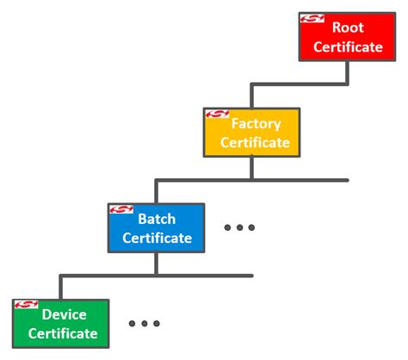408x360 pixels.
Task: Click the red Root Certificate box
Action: [347, 36]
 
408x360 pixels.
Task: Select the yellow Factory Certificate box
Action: [251, 132]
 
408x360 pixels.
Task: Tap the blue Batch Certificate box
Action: [156, 227]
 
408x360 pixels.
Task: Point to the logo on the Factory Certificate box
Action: [216, 115]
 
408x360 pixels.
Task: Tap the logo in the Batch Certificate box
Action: [121, 210]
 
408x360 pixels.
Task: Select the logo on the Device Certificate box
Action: [25, 305]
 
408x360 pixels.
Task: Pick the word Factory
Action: [256, 123]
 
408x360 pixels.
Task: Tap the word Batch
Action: [157, 219]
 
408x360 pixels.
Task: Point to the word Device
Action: [65, 314]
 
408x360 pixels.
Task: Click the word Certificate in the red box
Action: [348, 47]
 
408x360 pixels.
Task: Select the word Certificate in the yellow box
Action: [255, 142]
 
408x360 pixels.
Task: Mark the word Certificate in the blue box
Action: [157, 238]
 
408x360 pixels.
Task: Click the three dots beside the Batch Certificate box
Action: [239, 228]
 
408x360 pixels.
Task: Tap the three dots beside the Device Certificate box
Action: [144, 324]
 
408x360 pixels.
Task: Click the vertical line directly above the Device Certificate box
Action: [60, 287]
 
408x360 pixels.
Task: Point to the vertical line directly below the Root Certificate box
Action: [347, 71]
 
